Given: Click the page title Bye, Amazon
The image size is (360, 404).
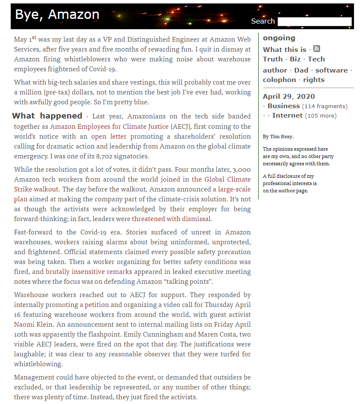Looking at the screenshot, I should point(57,15).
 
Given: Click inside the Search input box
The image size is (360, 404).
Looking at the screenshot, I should point(314,21).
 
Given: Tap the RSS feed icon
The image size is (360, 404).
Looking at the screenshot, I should point(317,49).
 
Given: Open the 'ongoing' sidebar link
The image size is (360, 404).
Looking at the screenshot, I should point(279,38).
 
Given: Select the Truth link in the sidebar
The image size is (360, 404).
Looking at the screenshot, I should point(272,59).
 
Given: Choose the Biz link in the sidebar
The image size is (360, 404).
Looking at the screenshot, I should point(295,59).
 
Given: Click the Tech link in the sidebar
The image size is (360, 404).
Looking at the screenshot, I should point(316,59).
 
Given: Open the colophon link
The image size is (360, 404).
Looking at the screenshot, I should point(279,80).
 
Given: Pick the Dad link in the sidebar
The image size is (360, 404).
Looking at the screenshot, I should point(301,70).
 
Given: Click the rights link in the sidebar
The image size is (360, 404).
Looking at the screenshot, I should point(314,80).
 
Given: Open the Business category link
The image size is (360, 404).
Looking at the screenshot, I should point(284,106).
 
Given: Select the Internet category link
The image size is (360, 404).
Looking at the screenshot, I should point(287,115).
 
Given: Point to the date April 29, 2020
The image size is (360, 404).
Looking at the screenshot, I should point(289,97).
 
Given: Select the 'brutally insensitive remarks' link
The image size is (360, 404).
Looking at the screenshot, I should point(89,272).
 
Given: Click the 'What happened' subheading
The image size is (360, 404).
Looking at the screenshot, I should point(47,116).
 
